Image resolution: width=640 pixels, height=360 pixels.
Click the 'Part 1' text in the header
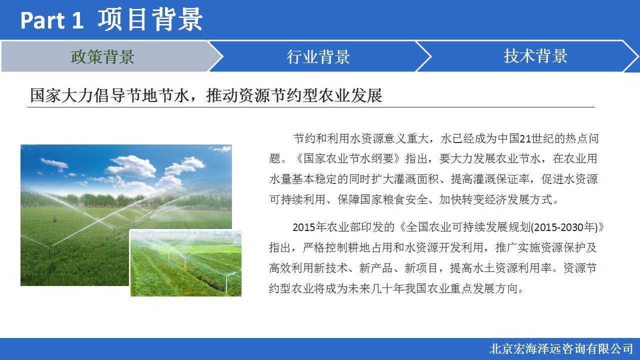click(x=51, y=20)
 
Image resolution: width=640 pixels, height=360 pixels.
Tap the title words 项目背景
click(x=150, y=19)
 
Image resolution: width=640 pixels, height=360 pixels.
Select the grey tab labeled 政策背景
click(x=103, y=56)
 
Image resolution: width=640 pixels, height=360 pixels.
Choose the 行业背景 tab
click(x=318, y=56)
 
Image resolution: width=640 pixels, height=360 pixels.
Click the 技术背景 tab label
click(x=535, y=56)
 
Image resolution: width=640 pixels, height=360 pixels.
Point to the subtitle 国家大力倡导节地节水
click(x=109, y=95)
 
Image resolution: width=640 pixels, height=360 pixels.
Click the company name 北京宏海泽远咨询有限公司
click(x=561, y=349)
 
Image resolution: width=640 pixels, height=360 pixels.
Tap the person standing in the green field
click(x=55, y=219)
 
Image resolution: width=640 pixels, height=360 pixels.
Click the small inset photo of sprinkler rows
click(x=185, y=263)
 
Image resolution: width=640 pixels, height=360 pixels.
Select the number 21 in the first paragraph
click(x=525, y=138)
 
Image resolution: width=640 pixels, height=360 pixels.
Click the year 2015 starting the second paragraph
click(x=304, y=227)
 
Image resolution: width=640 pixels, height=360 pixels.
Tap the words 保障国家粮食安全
click(x=382, y=199)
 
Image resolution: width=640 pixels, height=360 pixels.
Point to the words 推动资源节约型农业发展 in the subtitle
click(x=294, y=95)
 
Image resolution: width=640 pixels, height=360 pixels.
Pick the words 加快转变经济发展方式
click(x=495, y=199)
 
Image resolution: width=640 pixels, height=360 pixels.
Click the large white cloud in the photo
click(x=132, y=167)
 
